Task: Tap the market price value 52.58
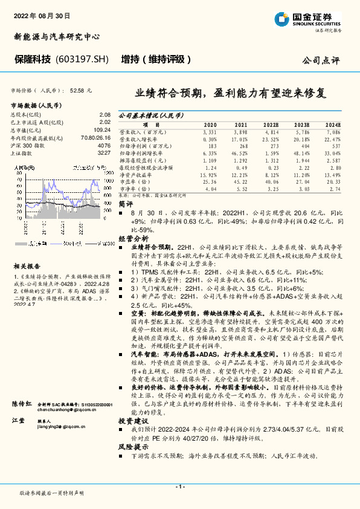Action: coord(77,90)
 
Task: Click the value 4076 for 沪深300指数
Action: coord(104,146)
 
